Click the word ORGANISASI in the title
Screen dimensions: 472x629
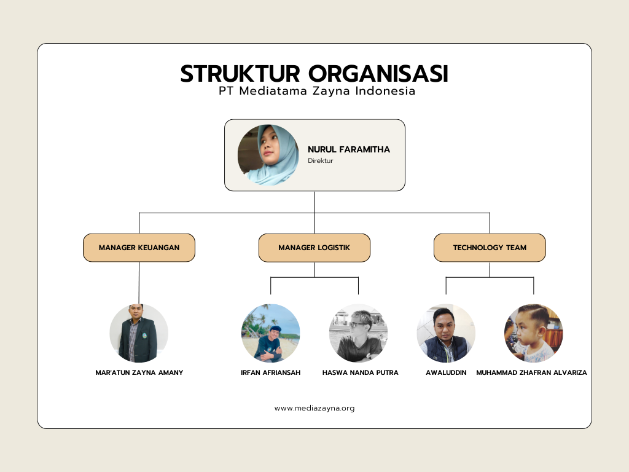(378, 74)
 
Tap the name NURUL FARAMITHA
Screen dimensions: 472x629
(349, 149)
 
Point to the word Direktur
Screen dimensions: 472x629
(321, 160)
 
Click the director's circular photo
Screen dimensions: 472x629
(268, 155)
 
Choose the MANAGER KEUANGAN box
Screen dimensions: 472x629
(139, 248)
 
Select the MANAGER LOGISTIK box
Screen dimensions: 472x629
(314, 248)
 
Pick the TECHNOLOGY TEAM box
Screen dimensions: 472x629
(490, 248)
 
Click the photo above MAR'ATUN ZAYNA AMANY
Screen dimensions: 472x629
(139, 333)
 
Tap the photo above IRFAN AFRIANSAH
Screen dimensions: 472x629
(270, 333)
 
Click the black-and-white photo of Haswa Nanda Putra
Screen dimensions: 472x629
(358, 333)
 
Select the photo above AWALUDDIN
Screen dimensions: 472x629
(446, 333)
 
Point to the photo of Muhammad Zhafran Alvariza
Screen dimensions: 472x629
(533, 333)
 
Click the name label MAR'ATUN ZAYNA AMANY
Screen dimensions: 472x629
(139, 372)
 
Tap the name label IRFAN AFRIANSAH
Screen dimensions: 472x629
(271, 372)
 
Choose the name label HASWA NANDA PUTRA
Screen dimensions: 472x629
(361, 372)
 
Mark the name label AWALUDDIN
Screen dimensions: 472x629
(446, 372)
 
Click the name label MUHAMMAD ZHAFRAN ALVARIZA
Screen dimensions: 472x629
(531, 372)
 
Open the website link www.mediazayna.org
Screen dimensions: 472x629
(314, 407)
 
